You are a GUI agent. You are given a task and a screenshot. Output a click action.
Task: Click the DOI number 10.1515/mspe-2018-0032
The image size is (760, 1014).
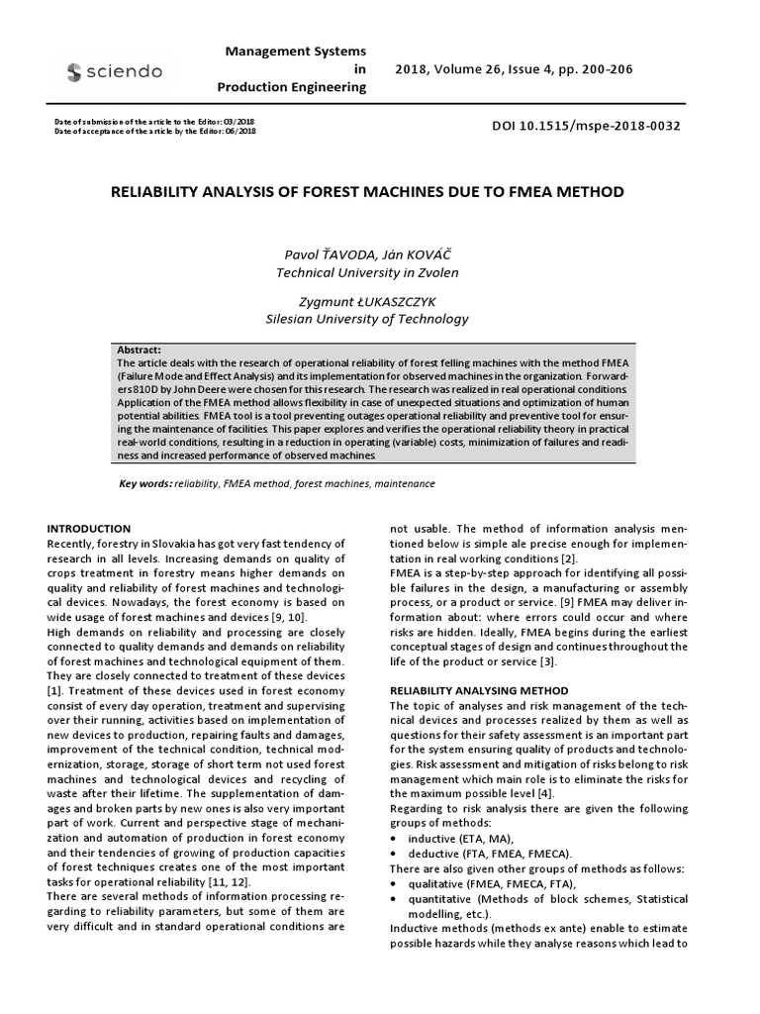pyautogui.click(x=586, y=127)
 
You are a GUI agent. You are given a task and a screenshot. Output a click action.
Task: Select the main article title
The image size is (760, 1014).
pyautogui.click(x=367, y=192)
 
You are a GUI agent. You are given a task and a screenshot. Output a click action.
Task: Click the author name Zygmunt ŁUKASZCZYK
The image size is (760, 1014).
pyautogui.click(x=367, y=300)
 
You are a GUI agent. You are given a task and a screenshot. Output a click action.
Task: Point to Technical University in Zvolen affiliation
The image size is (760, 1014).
pyautogui.click(x=367, y=271)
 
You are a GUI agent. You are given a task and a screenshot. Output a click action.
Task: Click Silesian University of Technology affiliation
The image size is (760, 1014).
pyautogui.click(x=367, y=319)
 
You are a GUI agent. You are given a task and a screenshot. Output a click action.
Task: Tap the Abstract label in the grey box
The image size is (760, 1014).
pyautogui.click(x=138, y=351)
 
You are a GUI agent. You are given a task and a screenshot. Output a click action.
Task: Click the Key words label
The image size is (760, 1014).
pyautogui.click(x=144, y=483)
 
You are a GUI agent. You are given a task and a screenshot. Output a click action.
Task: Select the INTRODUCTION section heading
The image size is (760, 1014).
pyautogui.click(x=89, y=529)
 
